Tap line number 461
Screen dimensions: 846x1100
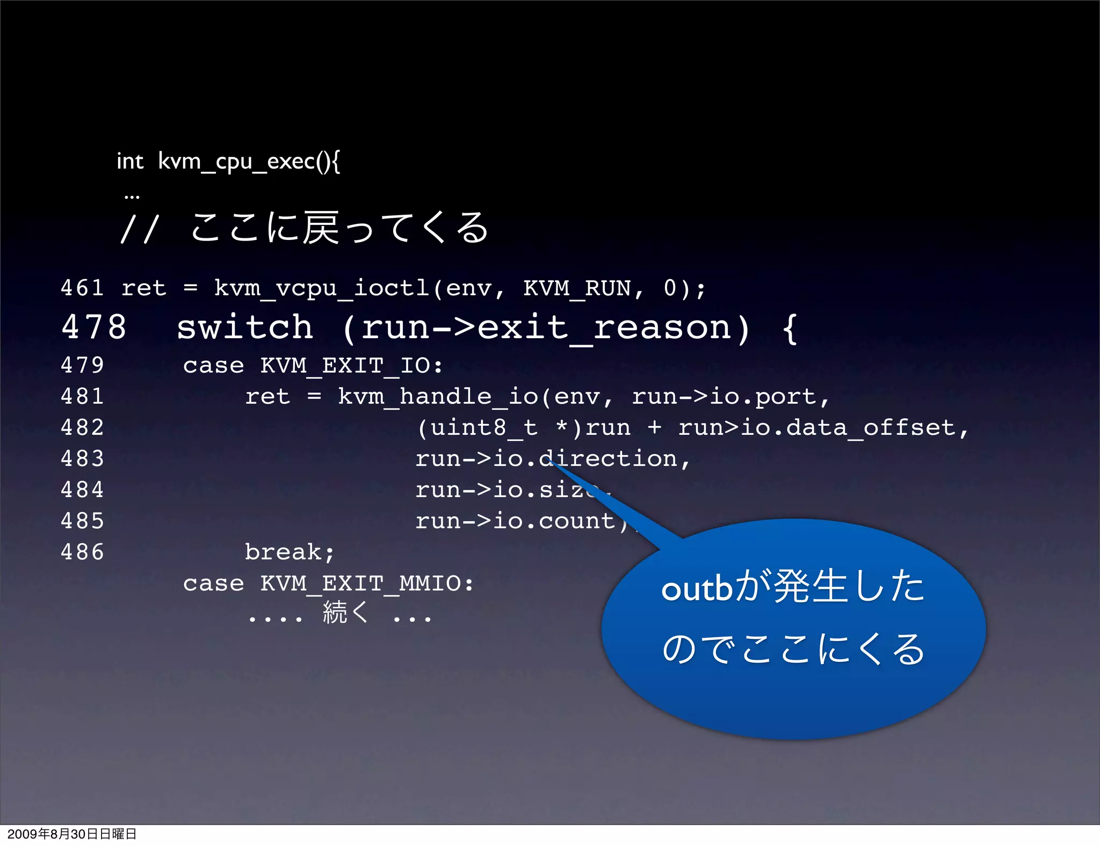pos(82,288)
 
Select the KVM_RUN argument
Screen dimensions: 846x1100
pos(577,288)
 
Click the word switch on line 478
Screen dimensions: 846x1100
pos(244,327)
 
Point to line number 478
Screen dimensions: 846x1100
pos(94,327)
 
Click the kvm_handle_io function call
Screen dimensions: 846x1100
pos(438,397)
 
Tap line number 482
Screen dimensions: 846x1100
pos(82,428)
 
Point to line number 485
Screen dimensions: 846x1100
pos(82,521)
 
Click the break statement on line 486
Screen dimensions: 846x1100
pos(289,552)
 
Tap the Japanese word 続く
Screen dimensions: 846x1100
pos(345,612)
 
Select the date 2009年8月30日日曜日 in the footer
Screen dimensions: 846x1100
pos(72,834)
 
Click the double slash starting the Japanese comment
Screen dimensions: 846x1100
pos(139,229)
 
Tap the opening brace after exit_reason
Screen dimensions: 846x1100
pos(789,327)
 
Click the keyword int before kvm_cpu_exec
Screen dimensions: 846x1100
pos(130,161)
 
